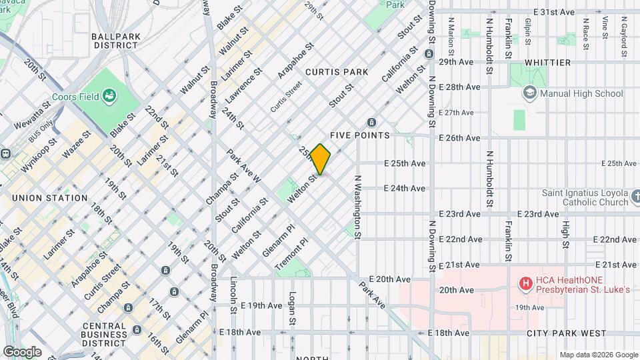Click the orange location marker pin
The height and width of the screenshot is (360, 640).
point(321,159)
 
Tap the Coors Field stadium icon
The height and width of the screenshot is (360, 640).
point(109,97)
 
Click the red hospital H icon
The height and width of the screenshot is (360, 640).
point(526,284)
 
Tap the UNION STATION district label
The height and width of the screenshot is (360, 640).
point(49,198)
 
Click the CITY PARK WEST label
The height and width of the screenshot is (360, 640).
point(566,333)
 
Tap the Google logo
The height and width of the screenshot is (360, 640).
point(22,351)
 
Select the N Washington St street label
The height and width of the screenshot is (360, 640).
point(357,207)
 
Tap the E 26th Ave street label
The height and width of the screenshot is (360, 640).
point(459,138)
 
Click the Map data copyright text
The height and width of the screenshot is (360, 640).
point(598,355)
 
